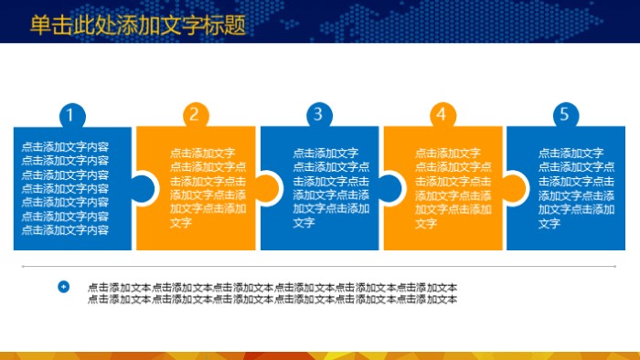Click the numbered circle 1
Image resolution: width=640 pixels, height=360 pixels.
[72, 115]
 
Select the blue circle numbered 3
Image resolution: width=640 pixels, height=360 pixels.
[318, 114]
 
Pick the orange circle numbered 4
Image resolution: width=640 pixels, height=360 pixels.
[442, 115]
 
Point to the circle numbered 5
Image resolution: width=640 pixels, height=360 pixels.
[565, 114]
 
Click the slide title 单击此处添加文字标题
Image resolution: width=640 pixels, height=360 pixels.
[138, 26]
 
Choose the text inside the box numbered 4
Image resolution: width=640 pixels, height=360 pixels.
[453, 188]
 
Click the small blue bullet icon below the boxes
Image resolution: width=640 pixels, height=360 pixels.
[63, 287]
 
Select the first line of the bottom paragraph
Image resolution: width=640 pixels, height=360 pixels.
[272, 288]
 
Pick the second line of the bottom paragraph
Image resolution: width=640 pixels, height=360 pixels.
[272, 299]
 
